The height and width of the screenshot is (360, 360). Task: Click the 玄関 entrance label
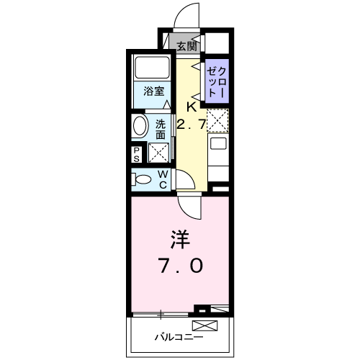(186, 46)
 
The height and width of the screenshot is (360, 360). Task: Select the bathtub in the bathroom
(152, 68)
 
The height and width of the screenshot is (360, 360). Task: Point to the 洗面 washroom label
(161, 128)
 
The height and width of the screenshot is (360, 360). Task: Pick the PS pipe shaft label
(137, 153)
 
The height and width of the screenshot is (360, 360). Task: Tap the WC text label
(163, 179)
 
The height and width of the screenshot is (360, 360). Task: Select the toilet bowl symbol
(143, 178)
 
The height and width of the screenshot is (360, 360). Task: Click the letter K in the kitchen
(191, 107)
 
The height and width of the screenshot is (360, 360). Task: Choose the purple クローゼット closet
(216, 81)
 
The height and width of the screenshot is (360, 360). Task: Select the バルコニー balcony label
(179, 336)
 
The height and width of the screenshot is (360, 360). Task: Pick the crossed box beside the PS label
(158, 153)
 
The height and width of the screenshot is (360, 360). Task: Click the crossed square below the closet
(218, 119)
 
